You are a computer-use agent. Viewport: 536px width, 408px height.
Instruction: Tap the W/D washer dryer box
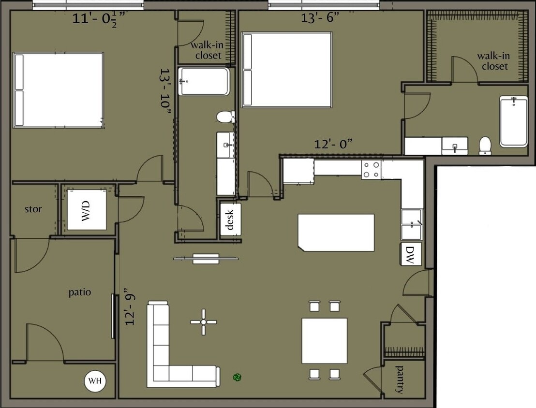(x=87, y=210)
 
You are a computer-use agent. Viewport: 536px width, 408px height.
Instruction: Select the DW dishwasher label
(x=410, y=254)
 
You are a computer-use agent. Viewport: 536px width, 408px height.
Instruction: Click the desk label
(x=230, y=219)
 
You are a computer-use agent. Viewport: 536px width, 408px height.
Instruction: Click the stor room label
(x=33, y=209)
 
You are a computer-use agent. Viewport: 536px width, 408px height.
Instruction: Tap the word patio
(x=79, y=292)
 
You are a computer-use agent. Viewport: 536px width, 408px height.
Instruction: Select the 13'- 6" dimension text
(x=320, y=18)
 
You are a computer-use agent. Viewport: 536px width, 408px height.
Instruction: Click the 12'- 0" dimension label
(x=333, y=144)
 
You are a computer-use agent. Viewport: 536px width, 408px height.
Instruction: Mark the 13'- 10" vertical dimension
(x=165, y=91)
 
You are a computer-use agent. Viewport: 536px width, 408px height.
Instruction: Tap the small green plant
(x=237, y=377)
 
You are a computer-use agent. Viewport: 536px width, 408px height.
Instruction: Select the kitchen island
(x=336, y=233)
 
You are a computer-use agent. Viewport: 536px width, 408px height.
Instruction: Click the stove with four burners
(x=371, y=170)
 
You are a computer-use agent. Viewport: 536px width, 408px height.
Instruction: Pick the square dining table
(x=325, y=340)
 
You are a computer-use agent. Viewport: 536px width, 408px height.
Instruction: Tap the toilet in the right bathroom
(x=485, y=145)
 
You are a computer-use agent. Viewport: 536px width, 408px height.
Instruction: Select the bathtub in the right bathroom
(x=514, y=121)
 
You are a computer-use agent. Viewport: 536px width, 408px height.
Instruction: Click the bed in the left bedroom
(x=59, y=90)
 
